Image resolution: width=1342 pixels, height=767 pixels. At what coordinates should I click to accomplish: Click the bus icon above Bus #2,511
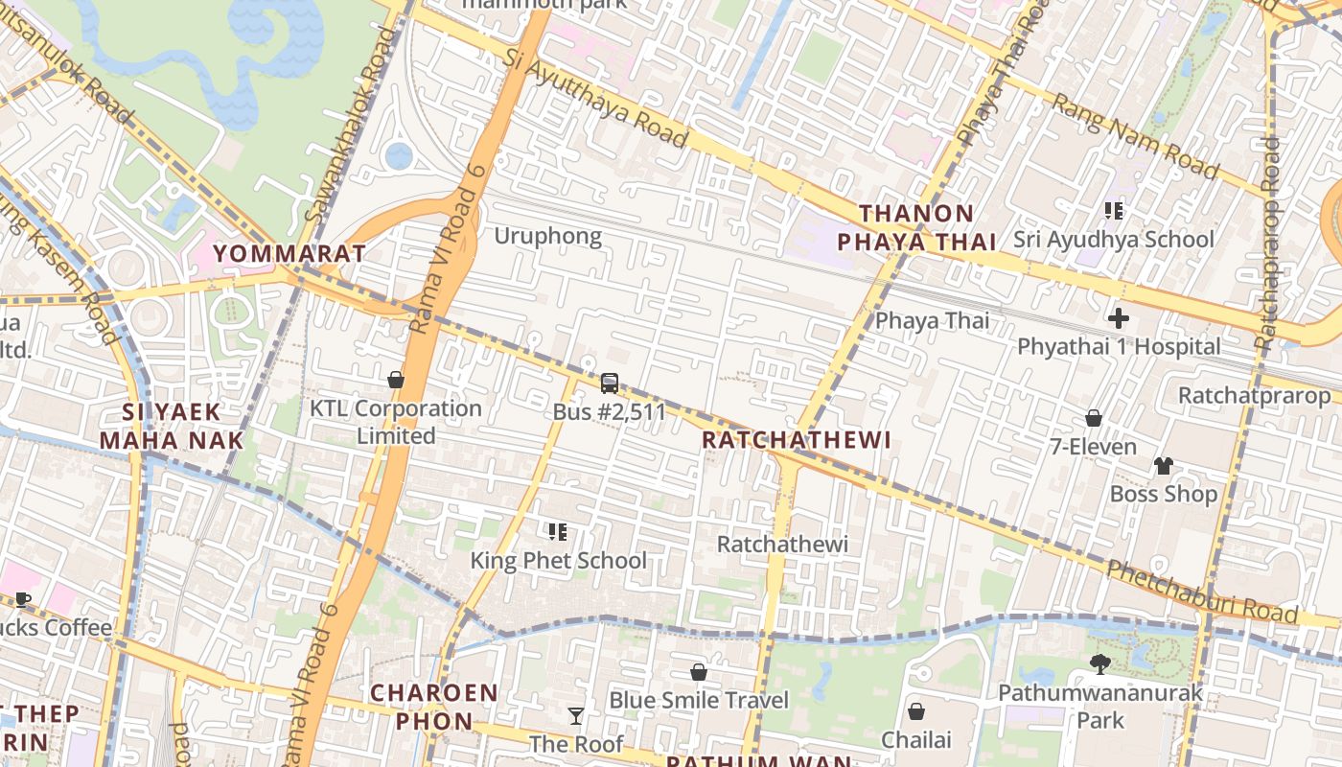[x=609, y=383]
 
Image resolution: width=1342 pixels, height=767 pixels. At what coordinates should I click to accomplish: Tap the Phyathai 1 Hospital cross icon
[x=1118, y=318]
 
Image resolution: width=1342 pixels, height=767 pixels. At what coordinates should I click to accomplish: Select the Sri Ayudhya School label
[x=1114, y=240]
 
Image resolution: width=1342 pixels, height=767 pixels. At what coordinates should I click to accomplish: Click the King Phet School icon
[x=557, y=531]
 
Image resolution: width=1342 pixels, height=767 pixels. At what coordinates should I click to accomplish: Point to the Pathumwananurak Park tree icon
[x=1100, y=663]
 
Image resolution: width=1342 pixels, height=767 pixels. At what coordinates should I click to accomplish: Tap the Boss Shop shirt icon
[x=1163, y=466]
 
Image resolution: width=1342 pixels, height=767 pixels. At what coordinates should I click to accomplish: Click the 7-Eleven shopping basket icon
[x=1093, y=418]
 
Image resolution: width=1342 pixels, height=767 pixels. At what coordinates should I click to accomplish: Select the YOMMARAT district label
[x=289, y=254]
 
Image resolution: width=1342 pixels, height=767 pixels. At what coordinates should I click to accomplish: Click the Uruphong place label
[x=548, y=236]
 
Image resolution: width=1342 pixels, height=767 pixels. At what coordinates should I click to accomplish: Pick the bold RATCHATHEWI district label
[x=797, y=440]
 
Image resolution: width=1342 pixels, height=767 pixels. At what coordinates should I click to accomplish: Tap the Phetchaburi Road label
[x=1203, y=593]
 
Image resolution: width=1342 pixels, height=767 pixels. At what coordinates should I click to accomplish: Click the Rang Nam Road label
[x=1135, y=136]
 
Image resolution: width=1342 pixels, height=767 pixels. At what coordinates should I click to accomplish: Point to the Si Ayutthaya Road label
[x=595, y=99]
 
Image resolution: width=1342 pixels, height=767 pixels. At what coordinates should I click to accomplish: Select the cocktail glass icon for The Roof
[x=575, y=715]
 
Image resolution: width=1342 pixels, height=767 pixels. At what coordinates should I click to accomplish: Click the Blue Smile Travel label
[x=699, y=701]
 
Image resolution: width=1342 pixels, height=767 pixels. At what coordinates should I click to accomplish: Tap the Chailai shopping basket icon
[x=916, y=711]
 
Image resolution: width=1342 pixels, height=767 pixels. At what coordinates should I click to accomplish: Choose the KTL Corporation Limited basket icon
[x=395, y=380]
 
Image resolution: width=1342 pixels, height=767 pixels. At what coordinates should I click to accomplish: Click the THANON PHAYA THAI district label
[x=928, y=228]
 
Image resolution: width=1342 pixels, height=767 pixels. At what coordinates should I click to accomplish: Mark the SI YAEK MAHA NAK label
[x=172, y=427]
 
